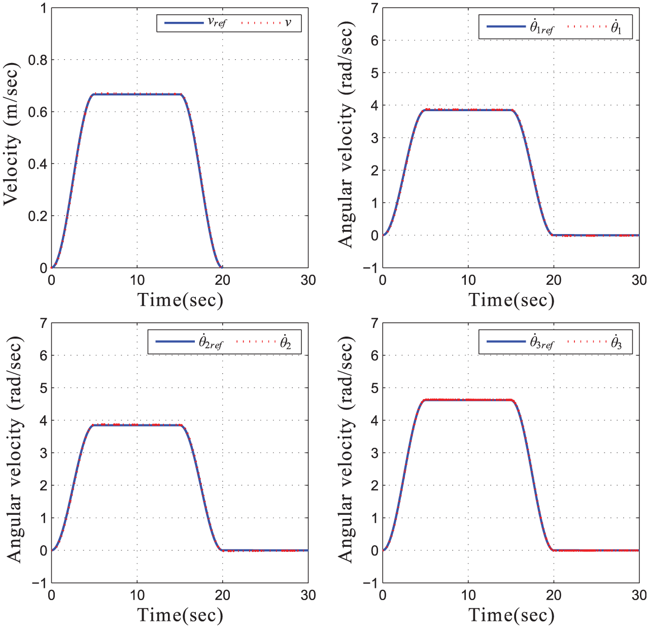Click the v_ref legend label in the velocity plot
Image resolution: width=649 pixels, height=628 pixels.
pyautogui.click(x=217, y=23)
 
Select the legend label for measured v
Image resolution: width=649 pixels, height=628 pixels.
pyautogui.click(x=288, y=22)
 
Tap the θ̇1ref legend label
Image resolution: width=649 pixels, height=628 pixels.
pyautogui.click(x=542, y=27)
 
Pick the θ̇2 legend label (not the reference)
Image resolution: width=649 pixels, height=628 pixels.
pyautogui.click(x=286, y=342)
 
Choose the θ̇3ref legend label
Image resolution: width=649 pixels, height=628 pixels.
pyautogui.click(x=542, y=342)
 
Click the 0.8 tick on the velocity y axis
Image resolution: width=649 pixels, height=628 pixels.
pyautogui.click(x=38, y=60)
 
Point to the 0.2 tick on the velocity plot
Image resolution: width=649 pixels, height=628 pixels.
pyautogui.click(x=38, y=216)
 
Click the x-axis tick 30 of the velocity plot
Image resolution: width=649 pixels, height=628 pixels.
pyautogui.click(x=308, y=280)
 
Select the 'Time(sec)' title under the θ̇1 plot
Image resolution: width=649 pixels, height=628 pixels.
pyautogui.click(x=511, y=300)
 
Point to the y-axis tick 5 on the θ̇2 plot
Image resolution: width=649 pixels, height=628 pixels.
pyautogui.click(x=43, y=388)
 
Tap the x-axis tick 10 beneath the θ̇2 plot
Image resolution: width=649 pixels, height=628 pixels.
pyautogui.click(x=137, y=595)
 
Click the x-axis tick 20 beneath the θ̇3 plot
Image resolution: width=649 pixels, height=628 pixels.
pyautogui.click(x=554, y=595)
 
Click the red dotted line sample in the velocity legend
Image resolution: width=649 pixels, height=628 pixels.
pyautogui.click(x=261, y=23)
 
